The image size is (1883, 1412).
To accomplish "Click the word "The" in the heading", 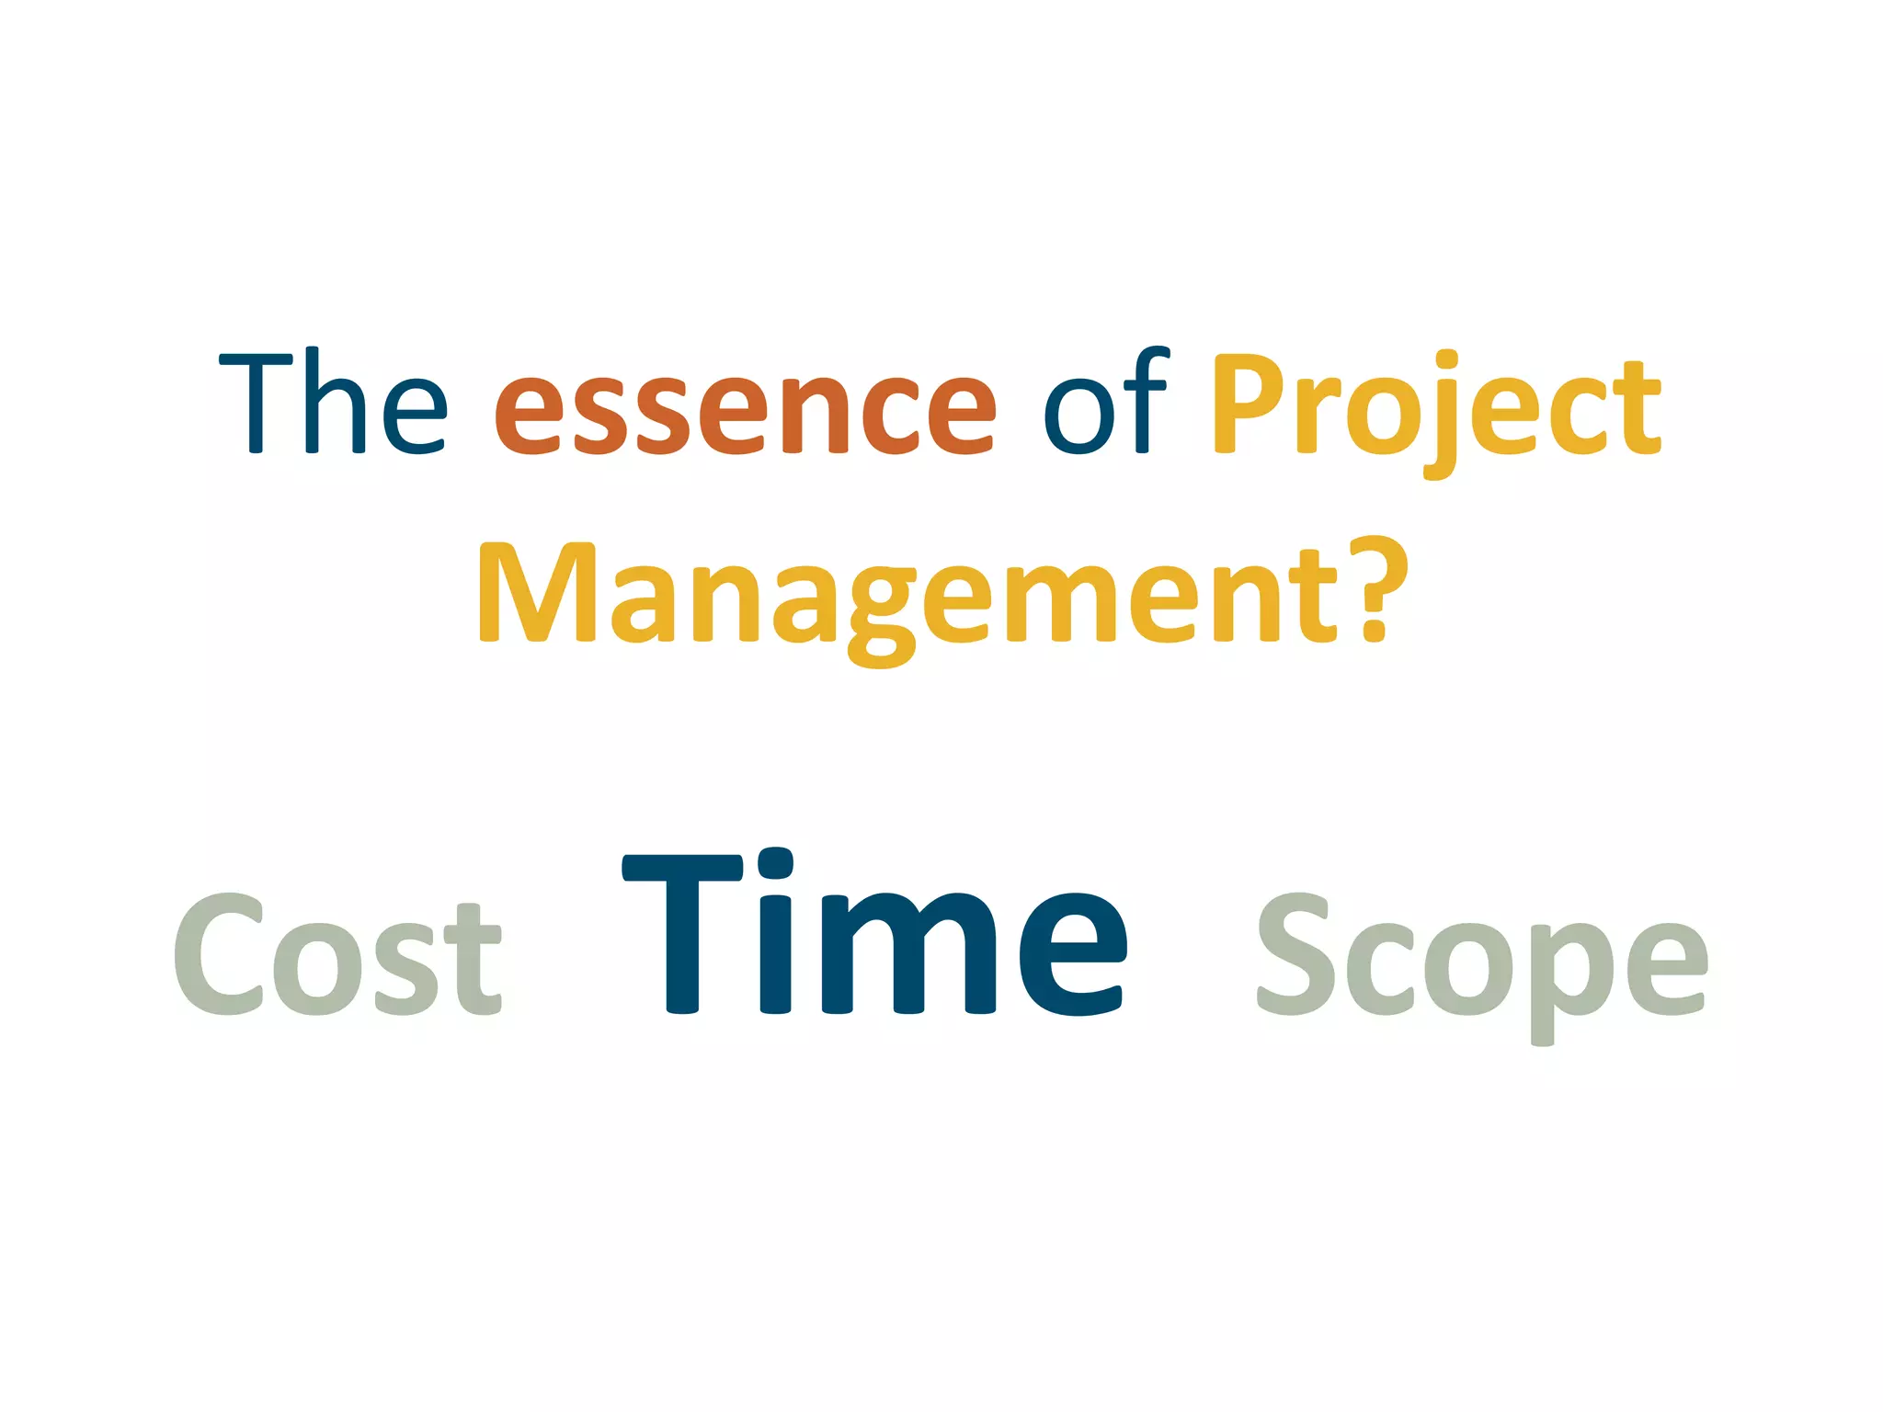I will pos(333,403).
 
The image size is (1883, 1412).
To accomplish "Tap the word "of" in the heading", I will pos(1105,403).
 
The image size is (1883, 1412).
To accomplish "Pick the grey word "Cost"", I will pos(337,956).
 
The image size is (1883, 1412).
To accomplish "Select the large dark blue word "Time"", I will pos(875,933).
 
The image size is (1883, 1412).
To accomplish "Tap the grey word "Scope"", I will pos(1482,961).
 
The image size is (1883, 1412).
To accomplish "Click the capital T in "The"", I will pos(257,402).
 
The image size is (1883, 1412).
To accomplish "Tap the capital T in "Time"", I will pos(683,933).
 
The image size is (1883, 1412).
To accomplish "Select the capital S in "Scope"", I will pos(1295,956).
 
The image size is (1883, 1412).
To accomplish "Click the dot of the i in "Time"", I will pos(774,864).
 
